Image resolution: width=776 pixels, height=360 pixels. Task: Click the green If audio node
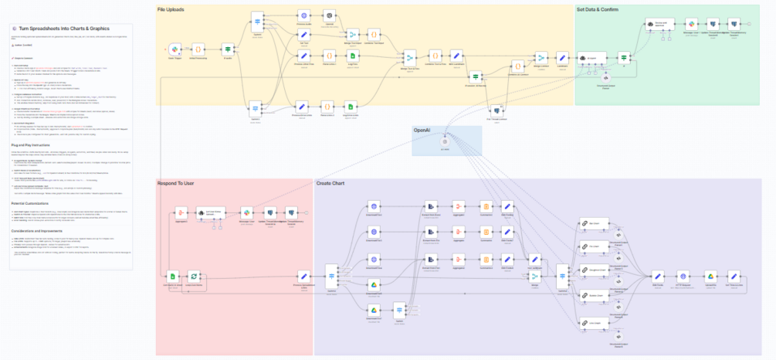pos(228,49)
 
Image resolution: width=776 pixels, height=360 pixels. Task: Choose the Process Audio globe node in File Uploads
pos(304,15)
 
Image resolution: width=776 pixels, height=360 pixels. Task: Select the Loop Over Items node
pos(195,275)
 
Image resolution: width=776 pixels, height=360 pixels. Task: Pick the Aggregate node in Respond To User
pos(181,212)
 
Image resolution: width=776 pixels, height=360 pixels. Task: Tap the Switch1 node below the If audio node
pos(255,107)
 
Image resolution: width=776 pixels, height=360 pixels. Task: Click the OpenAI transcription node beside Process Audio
pos(329,15)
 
